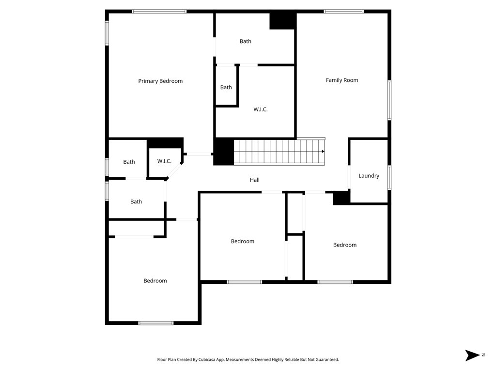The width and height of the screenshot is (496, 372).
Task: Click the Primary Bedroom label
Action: click(160, 81)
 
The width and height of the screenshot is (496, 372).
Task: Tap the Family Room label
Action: click(341, 80)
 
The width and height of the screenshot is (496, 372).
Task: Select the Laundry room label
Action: click(369, 176)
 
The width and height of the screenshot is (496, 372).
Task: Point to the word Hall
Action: click(254, 180)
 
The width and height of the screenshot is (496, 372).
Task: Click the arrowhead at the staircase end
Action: click(323, 151)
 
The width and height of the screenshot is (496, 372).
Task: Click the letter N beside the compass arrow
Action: click(483, 355)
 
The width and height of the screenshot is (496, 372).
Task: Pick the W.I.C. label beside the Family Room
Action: click(260, 109)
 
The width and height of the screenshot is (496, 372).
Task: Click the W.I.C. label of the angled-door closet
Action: click(164, 161)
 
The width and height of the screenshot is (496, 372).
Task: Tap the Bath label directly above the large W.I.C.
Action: click(246, 41)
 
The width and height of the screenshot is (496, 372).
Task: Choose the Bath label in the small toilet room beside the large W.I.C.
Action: click(226, 87)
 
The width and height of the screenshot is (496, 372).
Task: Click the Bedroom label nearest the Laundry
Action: click(344, 245)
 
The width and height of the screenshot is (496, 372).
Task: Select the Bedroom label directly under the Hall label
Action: click(242, 241)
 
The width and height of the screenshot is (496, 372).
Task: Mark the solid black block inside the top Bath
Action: click(283, 20)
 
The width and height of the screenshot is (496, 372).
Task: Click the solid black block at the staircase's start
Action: click(224, 152)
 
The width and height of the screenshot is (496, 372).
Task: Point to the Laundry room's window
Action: click(389, 178)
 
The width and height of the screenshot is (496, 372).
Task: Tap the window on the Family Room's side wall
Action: click(389, 100)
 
